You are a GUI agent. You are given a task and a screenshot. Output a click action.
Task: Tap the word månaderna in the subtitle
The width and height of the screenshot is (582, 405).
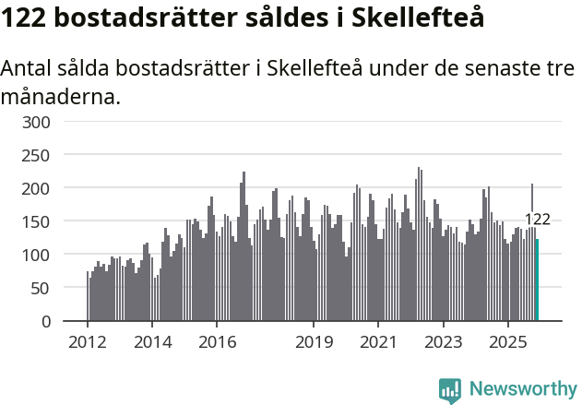pyautogui.click(x=61, y=95)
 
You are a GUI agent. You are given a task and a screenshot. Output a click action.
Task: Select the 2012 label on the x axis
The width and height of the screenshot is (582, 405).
pyautogui.click(x=88, y=341)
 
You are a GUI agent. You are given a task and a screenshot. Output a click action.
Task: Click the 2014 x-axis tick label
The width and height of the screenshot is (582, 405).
pyautogui.click(x=152, y=341)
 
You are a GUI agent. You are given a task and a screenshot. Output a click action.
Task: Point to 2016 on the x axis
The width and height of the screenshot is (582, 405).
pyautogui.click(x=217, y=341)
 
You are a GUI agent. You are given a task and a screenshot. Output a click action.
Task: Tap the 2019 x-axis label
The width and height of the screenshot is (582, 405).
pyautogui.click(x=314, y=341)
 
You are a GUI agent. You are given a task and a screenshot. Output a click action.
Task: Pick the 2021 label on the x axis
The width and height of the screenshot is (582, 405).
pyautogui.click(x=378, y=341)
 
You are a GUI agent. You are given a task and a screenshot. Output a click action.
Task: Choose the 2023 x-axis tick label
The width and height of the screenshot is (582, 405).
pyautogui.click(x=444, y=341)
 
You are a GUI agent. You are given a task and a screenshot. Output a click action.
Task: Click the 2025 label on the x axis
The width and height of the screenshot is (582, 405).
pyautogui.click(x=508, y=341)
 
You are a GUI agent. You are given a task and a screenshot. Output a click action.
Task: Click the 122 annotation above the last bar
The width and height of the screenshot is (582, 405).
pyautogui.click(x=537, y=220)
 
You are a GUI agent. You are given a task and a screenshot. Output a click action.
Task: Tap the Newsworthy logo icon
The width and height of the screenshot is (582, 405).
pyautogui.click(x=450, y=389)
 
